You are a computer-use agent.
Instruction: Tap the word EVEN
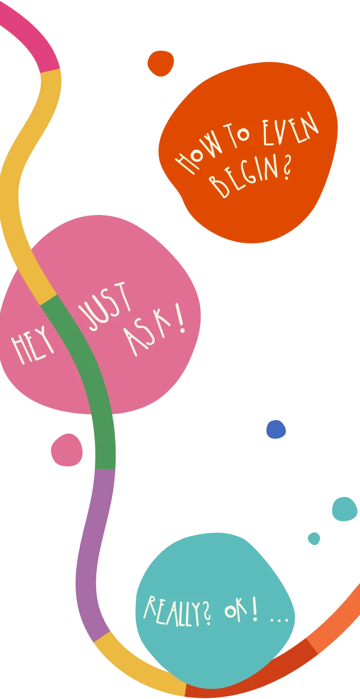click(290, 129)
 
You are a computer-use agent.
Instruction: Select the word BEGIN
click(244, 177)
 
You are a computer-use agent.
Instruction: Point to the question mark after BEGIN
click(286, 167)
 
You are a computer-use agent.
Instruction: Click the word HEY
click(33, 345)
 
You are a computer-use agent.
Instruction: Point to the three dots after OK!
click(279, 621)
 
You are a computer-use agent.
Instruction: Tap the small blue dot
click(276, 429)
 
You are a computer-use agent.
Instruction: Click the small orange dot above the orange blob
click(160, 63)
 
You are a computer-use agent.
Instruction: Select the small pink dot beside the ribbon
click(67, 450)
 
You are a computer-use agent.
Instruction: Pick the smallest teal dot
click(314, 539)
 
